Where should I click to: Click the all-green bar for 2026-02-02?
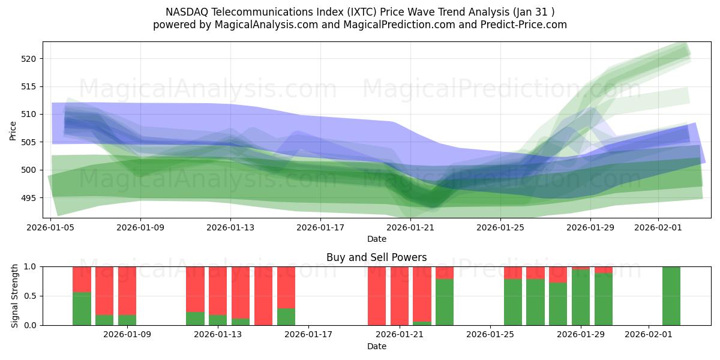coord(671,296)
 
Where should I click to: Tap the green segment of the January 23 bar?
coord(445,302)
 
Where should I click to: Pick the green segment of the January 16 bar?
coord(286,317)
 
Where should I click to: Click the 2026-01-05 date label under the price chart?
coord(50,227)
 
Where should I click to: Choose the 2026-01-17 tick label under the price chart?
coord(320,227)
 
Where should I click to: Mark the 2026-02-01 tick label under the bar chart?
coord(649,334)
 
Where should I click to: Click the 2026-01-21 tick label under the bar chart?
coord(399,334)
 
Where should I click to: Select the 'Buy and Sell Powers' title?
coord(376,257)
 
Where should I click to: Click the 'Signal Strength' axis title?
coord(15,296)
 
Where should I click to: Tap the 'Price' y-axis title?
coord(13,130)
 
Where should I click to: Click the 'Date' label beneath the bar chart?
coord(376,346)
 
